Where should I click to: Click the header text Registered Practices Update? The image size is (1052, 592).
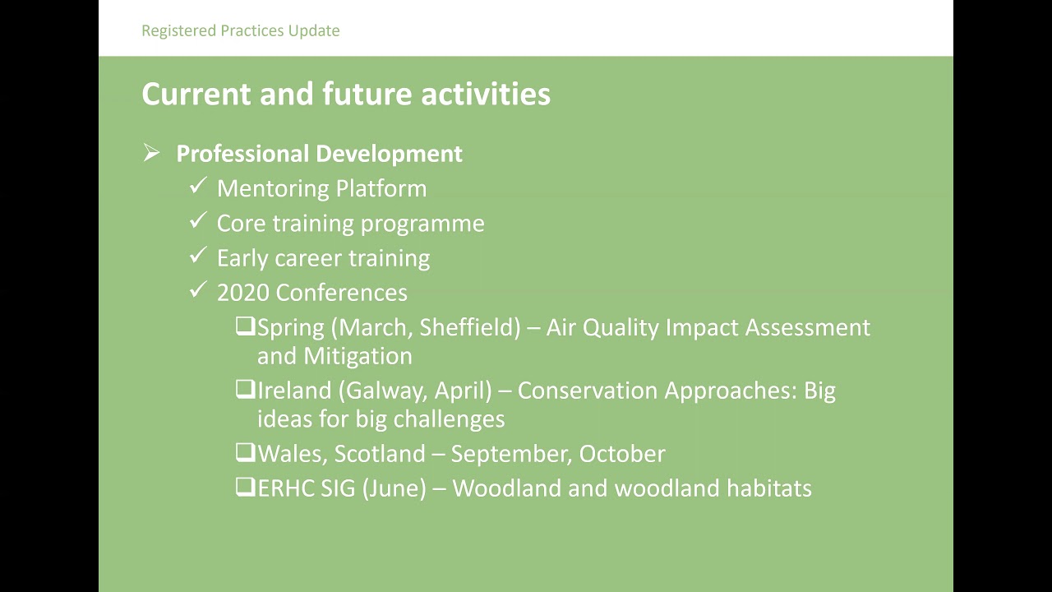click(240, 31)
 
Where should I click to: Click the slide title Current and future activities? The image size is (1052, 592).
click(345, 94)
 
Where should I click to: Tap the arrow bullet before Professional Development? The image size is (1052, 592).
click(151, 153)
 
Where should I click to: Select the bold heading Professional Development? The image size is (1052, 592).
click(319, 154)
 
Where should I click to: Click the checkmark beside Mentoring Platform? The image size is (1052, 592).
click(197, 187)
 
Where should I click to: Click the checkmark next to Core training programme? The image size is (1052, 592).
click(197, 222)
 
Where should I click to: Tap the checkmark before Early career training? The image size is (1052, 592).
click(197, 257)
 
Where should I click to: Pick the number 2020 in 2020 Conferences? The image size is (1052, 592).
click(243, 293)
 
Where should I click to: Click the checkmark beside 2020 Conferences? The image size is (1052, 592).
click(197, 291)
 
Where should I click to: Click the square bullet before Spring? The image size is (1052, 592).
click(245, 326)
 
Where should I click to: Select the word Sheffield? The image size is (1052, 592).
click(469, 327)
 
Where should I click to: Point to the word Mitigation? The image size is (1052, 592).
click(358, 356)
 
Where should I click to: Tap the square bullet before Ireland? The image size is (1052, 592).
click(245, 390)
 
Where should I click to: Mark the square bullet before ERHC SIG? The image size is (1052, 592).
click(245, 488)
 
